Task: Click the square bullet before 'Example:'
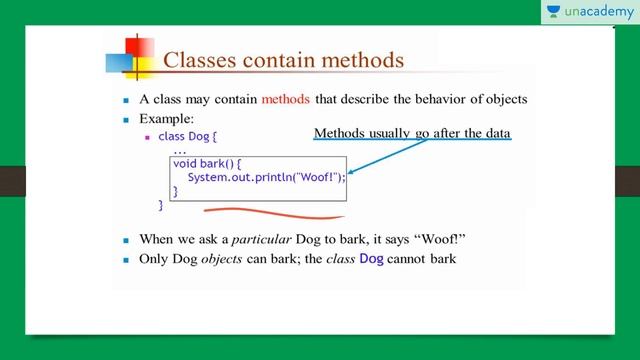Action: click(126, 119)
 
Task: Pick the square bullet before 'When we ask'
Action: click(126, 242)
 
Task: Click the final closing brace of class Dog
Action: click(160, 204)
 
